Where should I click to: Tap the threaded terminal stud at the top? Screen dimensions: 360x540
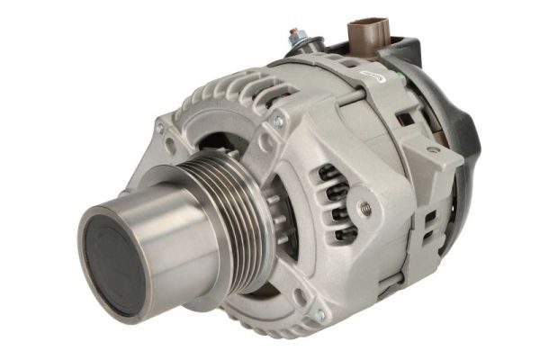(x=294, y=37)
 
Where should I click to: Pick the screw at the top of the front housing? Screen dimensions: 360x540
(x=276, y=120)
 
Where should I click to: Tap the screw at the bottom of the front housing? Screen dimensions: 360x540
(x=319, y=314)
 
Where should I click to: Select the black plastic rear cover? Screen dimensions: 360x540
(x=463, y=135)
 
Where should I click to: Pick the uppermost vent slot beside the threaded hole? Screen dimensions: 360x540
(x=330, y=174)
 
